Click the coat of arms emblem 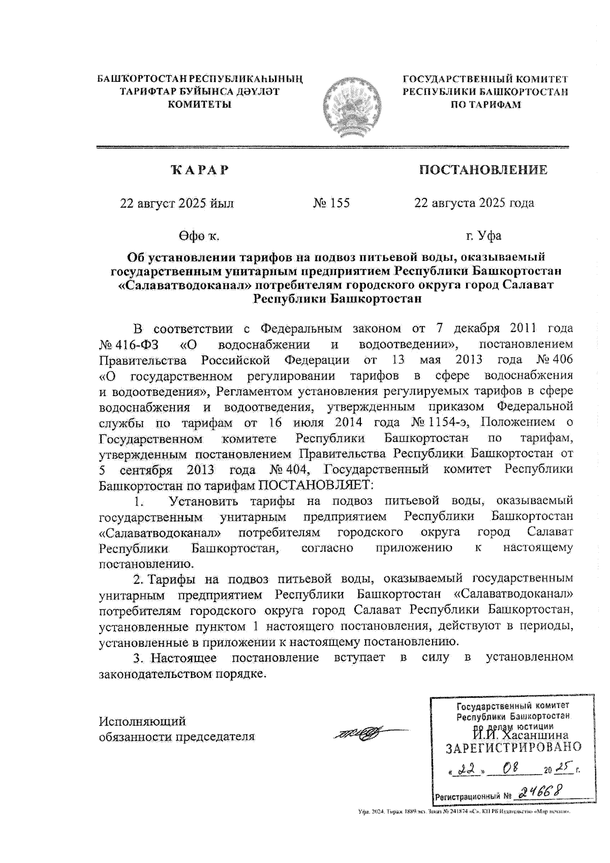(348, 108)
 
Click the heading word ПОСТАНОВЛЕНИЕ (483, 170)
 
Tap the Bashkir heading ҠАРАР (200, 170)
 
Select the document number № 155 (331, 203)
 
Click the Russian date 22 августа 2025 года (474, 203)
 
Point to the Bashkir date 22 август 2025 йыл (177, 203)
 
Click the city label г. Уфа (483, 236)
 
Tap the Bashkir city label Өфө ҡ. (199, 236)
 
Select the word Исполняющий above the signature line (142, 721)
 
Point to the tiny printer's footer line (464, 812)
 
